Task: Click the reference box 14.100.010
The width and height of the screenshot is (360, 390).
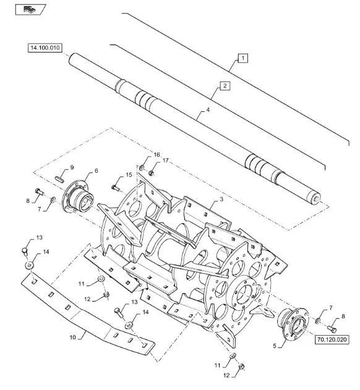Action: coord(45,48)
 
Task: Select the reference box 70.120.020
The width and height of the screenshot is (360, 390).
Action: coord(332,339)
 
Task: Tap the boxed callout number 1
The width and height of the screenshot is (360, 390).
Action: coord(242,58)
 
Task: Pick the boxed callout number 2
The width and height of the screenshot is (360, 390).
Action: coord(225,86)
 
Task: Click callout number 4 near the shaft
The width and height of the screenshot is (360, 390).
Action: coord(208,109)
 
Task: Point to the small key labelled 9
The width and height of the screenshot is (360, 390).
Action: coord(60,179)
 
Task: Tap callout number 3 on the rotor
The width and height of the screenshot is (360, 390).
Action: coord(221,200)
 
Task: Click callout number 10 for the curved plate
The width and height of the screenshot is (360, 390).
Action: coord(72,337)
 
